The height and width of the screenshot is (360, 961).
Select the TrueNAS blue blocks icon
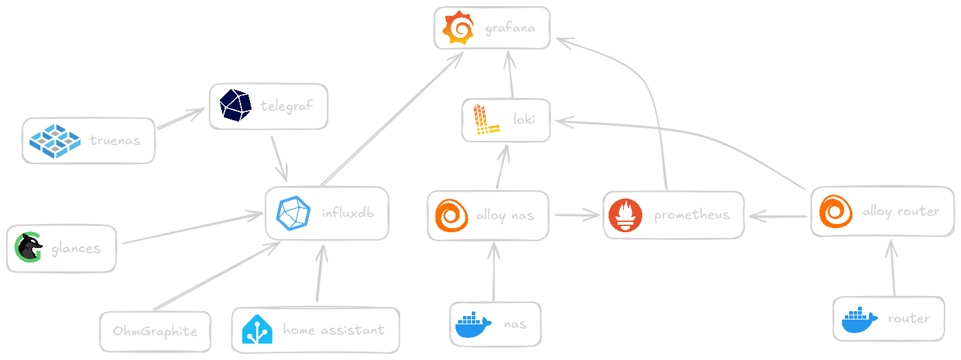click(x=56, y=139)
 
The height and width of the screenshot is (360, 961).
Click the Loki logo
click(x=487, y=121)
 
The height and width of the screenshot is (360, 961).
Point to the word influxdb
click(x=348, y=212)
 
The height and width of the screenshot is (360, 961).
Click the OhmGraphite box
click(x=155, y=331)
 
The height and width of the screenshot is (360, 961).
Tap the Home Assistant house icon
click(x=258, y=330)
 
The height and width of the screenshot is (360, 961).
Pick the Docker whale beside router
click(x=859, y=319)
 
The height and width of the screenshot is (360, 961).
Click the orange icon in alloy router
click(x=835, y=211)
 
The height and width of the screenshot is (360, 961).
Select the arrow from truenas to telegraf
click(x=181, y=119)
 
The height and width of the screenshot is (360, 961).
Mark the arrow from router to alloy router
click(x=892, y=268)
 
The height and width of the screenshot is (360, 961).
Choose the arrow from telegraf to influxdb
click(x=280, y=157)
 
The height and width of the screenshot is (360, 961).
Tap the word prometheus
click(x=691, y=216)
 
